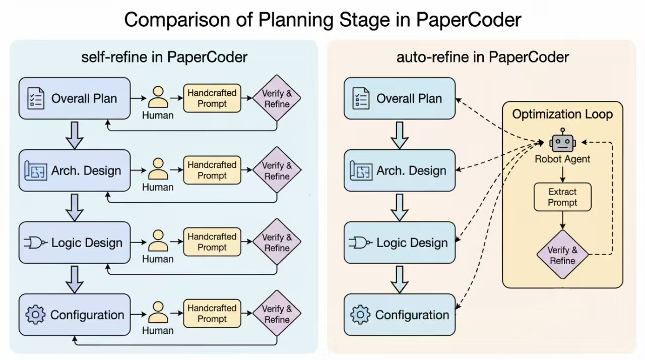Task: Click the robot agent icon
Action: coord(562,142)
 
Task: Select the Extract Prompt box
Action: coord(562,197)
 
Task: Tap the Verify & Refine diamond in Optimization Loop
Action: coord(562,255)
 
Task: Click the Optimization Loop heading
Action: coord(562,114)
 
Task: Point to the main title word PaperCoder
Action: coord(468,20)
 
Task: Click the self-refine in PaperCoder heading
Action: coord(164,57)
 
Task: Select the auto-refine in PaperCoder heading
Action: coord(482,57)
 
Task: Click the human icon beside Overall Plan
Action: coord(158,97)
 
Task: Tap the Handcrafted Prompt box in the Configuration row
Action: coord(212,313)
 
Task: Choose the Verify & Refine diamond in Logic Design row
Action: coord(277,243)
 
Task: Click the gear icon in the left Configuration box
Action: coord(35,315)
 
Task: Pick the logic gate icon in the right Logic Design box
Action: coord(360,243)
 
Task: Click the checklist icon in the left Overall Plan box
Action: coord(36,98)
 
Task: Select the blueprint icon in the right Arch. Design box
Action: coord(360,171)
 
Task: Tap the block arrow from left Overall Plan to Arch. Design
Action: coord(74,135)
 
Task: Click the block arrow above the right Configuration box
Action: coord(399,279)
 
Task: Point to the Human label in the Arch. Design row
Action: coord(158,187)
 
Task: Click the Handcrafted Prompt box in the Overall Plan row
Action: coord(212,98)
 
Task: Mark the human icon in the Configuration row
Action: coord(158,312)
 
